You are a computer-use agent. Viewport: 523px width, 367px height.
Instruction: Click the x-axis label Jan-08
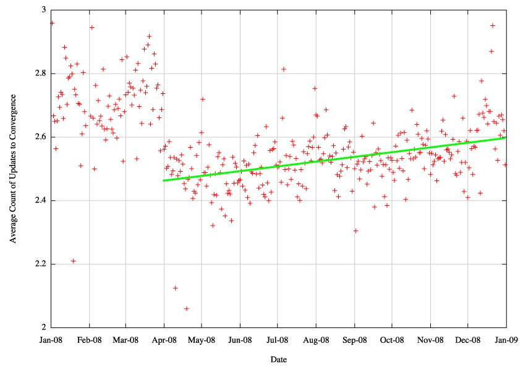point(51,339)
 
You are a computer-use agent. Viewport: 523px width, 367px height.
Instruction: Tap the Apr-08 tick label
point(164,339)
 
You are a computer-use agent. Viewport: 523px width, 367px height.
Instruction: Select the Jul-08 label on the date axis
point(277,339)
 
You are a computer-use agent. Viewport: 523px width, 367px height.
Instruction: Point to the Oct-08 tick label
point(391,339)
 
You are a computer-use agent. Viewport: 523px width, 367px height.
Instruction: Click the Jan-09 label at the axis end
point(506,339)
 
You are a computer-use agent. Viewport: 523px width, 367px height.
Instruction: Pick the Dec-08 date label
point(468,339)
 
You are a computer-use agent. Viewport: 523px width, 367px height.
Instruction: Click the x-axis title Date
point(278,359)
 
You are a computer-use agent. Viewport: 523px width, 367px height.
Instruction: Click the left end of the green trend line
point(164,180)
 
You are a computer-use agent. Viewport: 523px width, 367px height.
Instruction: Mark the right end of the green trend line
point(506,137)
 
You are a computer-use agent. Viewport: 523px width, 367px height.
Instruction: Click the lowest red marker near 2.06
point(187,308)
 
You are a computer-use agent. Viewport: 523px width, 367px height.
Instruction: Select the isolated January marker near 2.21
point(73,261)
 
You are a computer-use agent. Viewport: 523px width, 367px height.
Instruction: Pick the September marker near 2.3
point(356,230)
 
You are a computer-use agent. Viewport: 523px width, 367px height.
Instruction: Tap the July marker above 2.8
point(284,69)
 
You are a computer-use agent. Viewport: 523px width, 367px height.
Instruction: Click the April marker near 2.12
point(176,288)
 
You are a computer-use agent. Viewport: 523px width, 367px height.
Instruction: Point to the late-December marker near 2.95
point(493,25)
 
